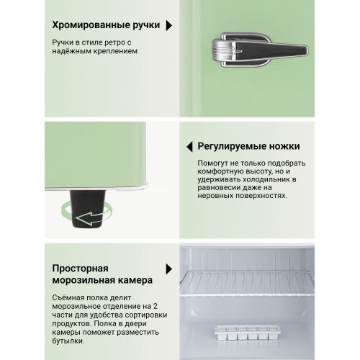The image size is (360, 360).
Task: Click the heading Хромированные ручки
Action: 104,26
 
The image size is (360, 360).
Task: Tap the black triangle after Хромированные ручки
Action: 169,26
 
